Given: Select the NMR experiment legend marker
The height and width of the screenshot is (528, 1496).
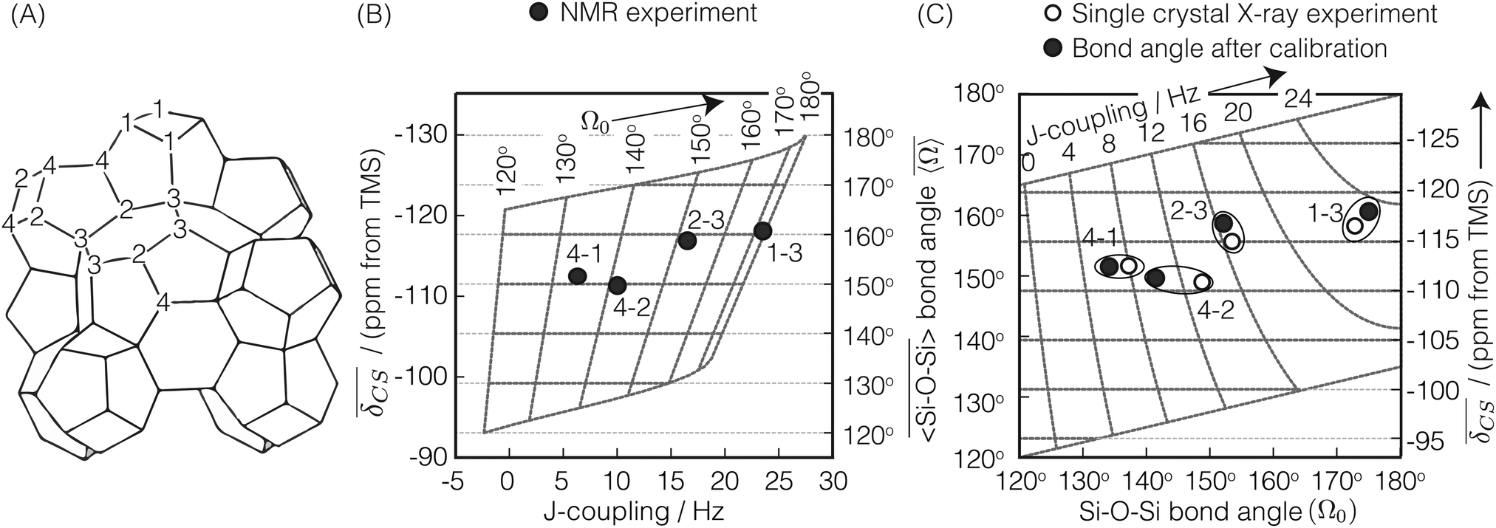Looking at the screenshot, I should [541, 13].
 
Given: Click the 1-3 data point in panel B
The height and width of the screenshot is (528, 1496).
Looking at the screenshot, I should [762, 230].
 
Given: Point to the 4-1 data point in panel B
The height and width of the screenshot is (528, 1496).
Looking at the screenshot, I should [578, 275].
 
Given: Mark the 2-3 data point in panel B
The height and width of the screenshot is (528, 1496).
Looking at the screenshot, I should [687, 240].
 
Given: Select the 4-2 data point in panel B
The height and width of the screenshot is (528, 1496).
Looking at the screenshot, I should [618, 284].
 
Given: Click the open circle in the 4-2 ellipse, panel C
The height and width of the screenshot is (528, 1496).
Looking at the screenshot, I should [1202, 281].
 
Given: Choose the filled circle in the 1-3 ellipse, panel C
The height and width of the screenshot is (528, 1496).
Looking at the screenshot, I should [1368, 210].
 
